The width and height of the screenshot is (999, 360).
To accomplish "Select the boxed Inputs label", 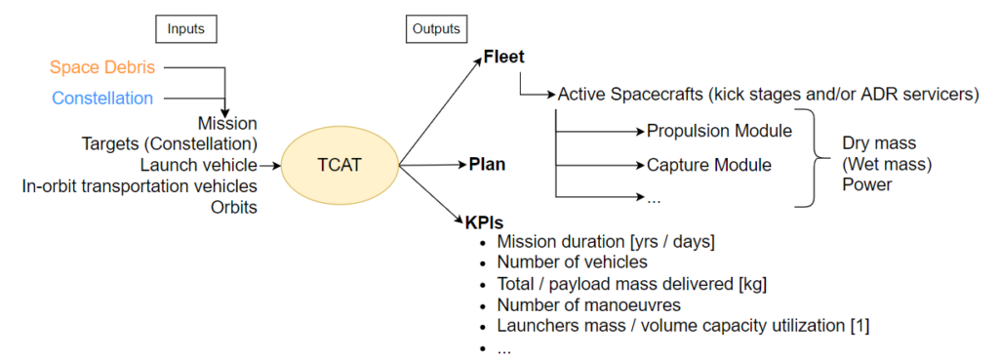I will pos(184,30).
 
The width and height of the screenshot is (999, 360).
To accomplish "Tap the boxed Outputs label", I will pos(435,30).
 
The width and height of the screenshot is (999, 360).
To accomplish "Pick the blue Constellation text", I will pos(102,98).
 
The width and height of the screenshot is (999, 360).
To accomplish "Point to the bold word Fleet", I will pos(504,57).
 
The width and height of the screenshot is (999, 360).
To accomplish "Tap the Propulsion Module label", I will pos(719,130).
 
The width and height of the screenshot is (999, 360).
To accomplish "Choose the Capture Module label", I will pos(709,165).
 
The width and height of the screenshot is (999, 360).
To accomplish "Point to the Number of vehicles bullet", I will pos(572,263).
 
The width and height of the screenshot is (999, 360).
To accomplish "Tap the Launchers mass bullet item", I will pos(683,326).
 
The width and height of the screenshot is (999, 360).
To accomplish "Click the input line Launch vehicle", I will pos(198,164).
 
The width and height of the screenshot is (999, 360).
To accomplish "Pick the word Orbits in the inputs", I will pos(233,206).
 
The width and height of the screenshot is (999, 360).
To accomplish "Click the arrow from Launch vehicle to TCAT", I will pos(270,165).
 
